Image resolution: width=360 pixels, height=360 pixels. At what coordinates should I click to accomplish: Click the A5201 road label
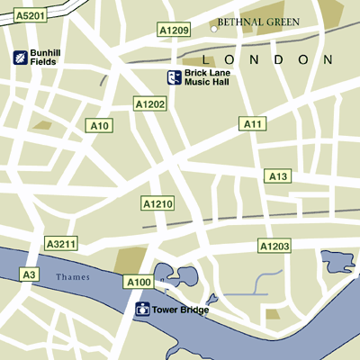coord(30,14)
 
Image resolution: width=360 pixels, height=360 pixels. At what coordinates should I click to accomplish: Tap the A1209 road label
coord(175,31)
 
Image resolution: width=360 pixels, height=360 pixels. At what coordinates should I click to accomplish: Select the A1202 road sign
coord(150,104)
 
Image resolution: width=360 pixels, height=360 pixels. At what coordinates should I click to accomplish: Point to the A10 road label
coord(99,125)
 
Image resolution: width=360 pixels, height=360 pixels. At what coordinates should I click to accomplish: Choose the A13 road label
coord(277,176)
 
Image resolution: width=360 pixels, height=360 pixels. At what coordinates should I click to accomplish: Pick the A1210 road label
coord(157,204)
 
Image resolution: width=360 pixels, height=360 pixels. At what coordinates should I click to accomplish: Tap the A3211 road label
coord(62,243)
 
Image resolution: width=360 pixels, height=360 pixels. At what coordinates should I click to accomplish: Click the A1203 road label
coord(274,246)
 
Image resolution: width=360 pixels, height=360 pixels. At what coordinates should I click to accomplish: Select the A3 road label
coord(29,274)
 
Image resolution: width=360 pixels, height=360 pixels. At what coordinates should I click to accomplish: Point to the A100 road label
coord(138,283)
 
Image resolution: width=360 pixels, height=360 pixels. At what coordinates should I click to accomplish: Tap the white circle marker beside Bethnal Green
coord(214,28)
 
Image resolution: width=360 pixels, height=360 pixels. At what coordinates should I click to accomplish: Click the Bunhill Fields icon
coord(20,58)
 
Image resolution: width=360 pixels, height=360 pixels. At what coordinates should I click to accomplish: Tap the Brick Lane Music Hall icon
coord(175,78)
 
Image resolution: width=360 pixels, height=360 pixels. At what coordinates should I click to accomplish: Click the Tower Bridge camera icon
coord(142,310)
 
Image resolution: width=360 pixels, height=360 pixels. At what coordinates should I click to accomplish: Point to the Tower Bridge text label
coord(181,310)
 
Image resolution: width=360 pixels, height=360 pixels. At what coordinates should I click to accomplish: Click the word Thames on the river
coord(72,277)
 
